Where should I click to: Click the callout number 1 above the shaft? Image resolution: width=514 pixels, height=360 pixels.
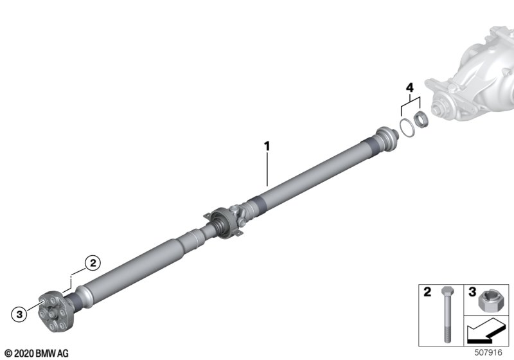[267, 146]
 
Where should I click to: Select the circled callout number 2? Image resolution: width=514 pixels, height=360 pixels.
[93, 263]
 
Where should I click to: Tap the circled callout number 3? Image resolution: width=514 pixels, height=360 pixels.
[19, 314]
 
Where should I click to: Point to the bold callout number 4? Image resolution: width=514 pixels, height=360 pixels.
[410, 87]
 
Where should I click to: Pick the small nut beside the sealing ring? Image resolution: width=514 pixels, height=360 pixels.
[420, 119]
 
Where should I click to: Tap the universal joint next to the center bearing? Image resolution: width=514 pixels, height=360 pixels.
[239, 214]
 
